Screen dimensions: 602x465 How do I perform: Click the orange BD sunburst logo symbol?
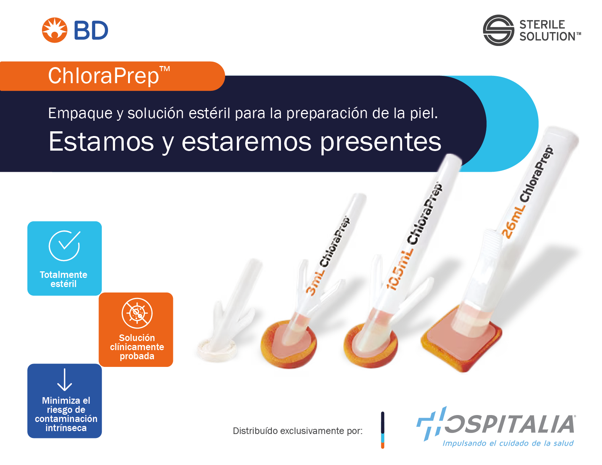point(54,30)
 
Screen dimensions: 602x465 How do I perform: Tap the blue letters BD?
point(91,30)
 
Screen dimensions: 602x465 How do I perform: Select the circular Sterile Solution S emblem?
point(498,30)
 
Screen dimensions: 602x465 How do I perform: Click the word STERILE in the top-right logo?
point(542,24)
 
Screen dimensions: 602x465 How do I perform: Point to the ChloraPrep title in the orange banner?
point(109,75)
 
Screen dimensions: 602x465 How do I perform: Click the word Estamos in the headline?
point(101,142)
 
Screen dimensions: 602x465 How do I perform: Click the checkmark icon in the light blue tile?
point(65,245)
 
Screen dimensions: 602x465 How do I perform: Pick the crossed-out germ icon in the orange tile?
point(137,313)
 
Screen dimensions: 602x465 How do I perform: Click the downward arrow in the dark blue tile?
point(65,379)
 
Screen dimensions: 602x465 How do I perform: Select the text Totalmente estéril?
point(63,279)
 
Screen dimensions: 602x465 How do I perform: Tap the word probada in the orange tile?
point(137,356)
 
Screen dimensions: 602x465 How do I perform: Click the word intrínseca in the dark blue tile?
point(66,428)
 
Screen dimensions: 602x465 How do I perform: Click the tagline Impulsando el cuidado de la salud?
point(508,443)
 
